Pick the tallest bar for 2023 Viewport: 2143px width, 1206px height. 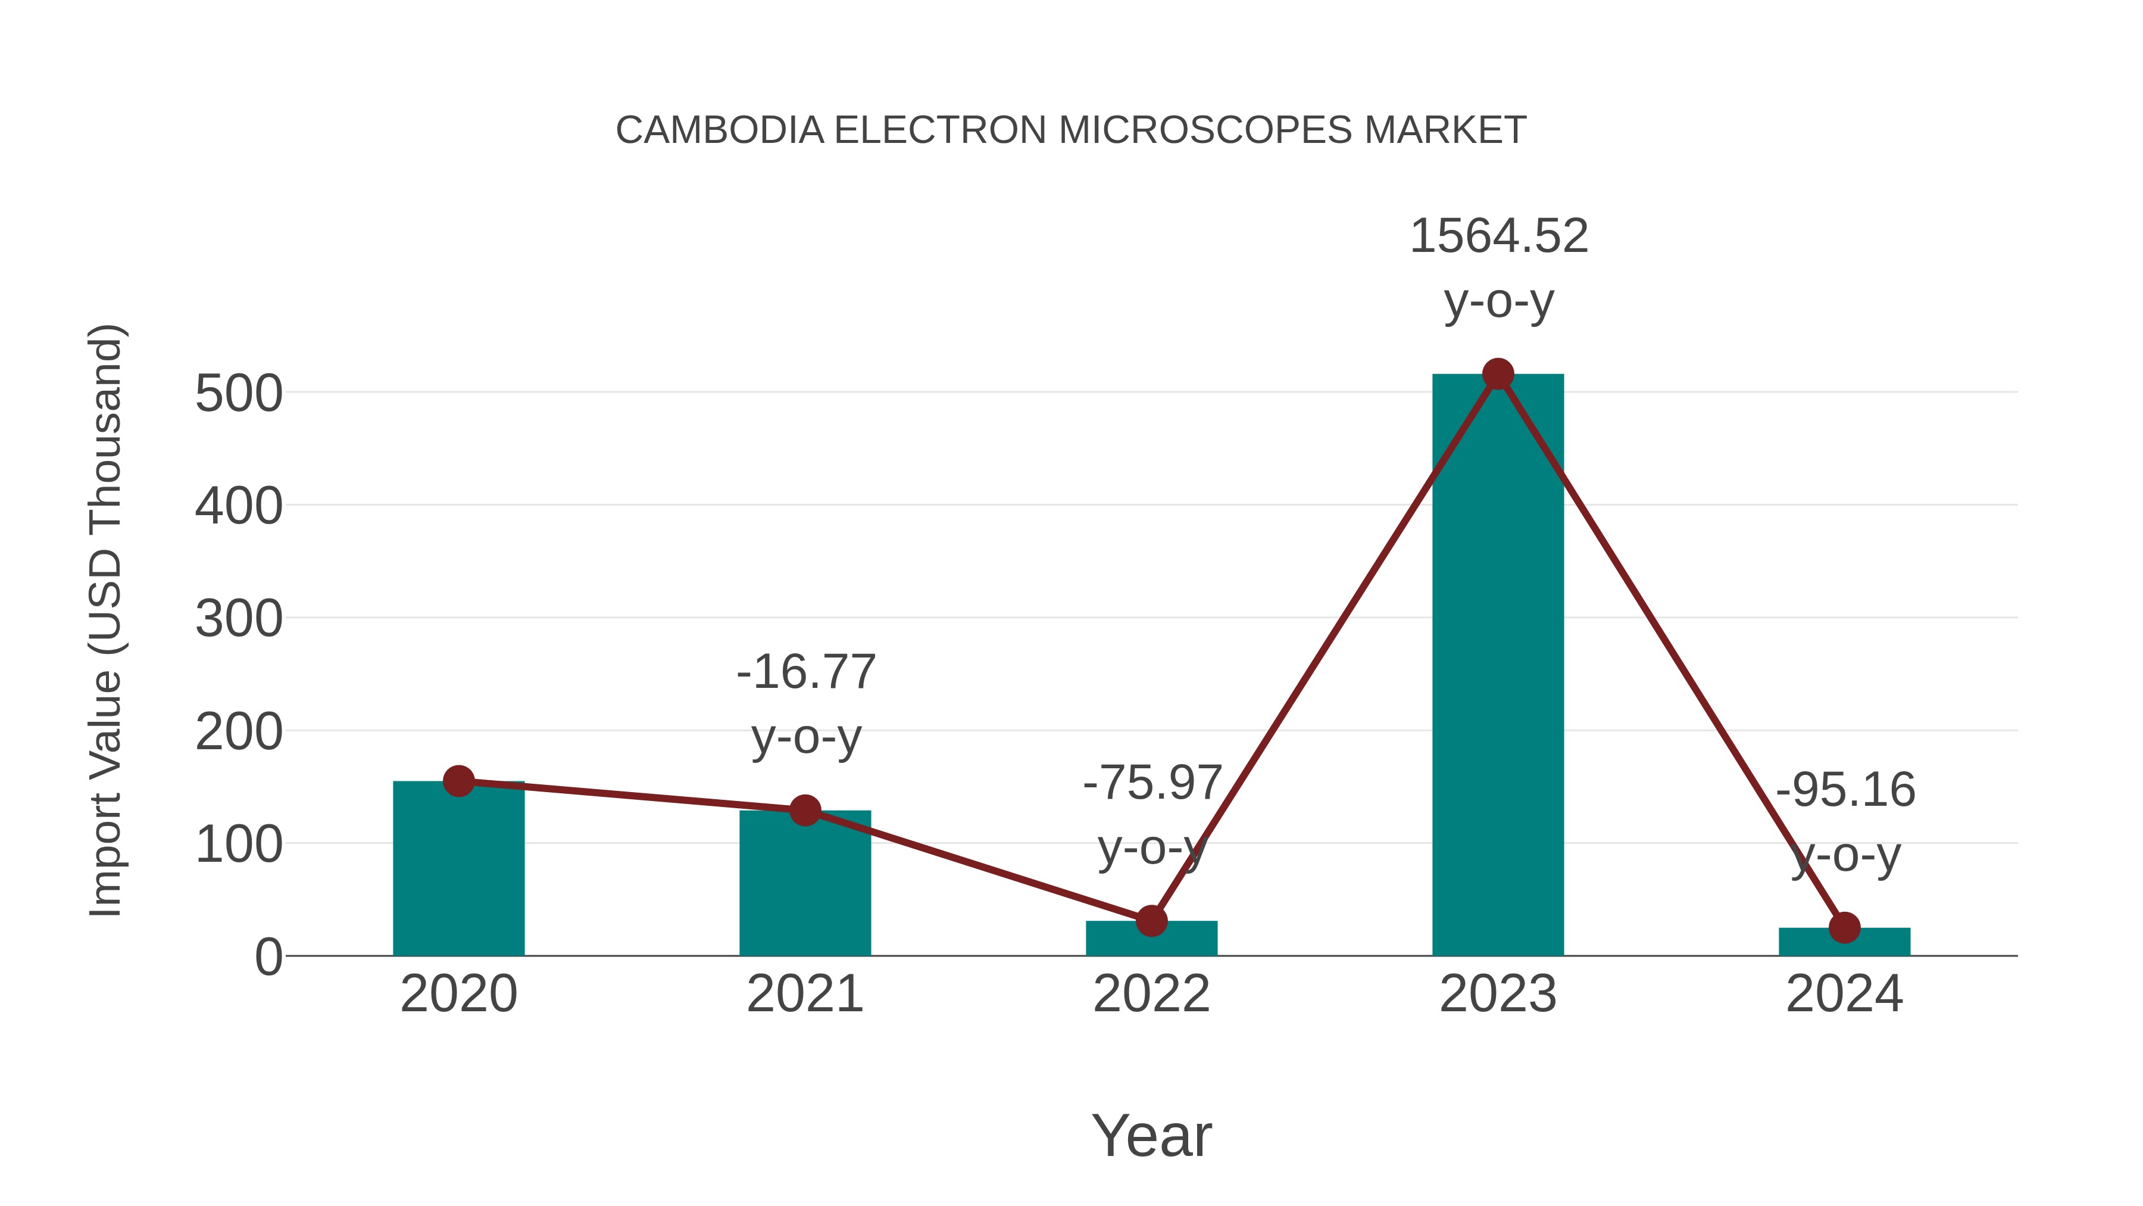click(1498, 666)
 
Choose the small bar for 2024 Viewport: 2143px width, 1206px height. click(1844, 942)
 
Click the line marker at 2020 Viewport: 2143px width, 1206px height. click(458, 781)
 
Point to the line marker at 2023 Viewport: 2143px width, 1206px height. click(1498, 375)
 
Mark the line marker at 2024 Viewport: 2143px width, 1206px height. click(1844, 928)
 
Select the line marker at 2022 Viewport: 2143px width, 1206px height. click(1151, 921)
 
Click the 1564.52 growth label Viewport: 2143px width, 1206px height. click(1498, 237)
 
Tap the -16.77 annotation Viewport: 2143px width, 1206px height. click(806, 672)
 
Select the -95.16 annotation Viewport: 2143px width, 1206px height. click(1845, 791)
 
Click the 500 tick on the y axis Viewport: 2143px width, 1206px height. click(239, 394)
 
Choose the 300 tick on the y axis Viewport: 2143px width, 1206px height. click(239, 619)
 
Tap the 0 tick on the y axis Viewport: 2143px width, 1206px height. click(268, 957)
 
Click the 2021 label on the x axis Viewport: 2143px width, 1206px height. click(804, 995)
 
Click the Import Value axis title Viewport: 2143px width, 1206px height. click(105, 620)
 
